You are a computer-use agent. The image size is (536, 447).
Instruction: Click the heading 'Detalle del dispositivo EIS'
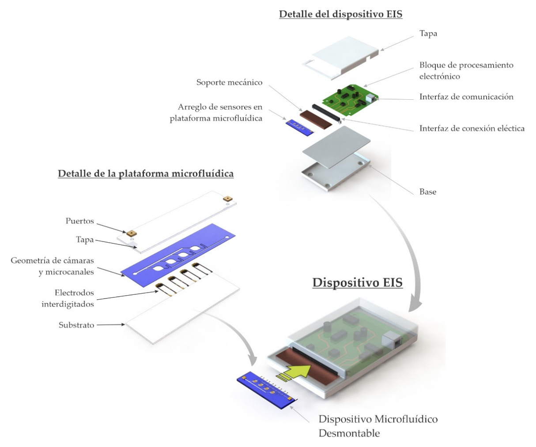click(340, 14)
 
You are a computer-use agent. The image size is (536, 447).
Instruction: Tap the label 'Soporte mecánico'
click(229, 83)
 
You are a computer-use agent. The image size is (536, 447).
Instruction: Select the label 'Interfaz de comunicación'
click(466, 97)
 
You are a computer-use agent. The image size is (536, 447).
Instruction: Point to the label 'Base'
click(427, 192)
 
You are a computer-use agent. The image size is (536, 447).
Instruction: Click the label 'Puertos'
click(80, 221)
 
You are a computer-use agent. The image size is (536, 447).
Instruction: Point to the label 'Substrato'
click(76, 325)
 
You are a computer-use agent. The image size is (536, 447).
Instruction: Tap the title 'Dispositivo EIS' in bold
click(358, 282)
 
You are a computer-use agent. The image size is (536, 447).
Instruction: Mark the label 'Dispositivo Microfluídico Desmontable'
click(378, 426)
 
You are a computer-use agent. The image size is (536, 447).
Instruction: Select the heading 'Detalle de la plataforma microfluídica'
click(146, 174)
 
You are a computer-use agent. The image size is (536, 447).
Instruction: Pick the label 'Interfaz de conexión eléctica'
click(472, 128)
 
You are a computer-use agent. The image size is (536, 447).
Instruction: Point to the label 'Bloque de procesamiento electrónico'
click(466, 71)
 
